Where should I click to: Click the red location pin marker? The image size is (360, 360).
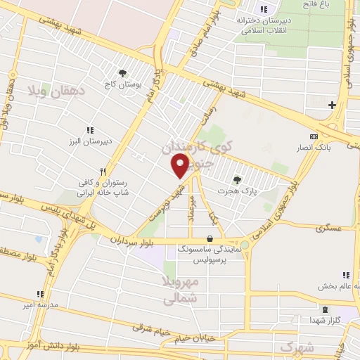tap(181, 165)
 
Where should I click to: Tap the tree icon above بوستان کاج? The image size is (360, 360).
tap(123, 72)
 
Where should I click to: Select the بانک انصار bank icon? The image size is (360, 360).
tap(313, 136)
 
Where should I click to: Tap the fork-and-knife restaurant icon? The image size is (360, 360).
tap(103, 171)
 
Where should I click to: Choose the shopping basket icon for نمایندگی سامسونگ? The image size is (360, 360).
tap(212, 238)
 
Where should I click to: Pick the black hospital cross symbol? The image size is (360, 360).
tap(333, 105)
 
